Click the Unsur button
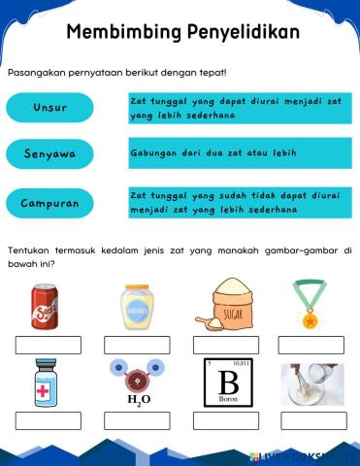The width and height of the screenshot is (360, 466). (49, 108)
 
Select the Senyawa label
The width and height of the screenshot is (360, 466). (49, 154)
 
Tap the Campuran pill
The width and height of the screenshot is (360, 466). (49, 204)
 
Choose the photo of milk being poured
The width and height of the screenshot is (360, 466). (311, 383)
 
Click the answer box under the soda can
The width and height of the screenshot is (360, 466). (48, 345)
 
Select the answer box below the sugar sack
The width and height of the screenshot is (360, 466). (225, 345)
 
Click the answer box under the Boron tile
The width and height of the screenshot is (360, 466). (225, 420)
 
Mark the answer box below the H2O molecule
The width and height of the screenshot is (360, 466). (137, 420)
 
